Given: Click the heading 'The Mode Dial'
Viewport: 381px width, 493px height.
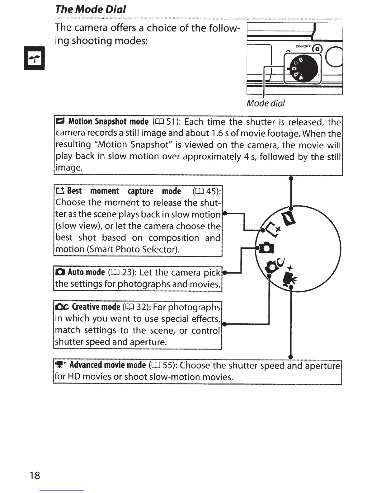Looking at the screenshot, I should (x=90, y=9).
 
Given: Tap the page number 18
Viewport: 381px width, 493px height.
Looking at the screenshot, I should (x=35, y=475).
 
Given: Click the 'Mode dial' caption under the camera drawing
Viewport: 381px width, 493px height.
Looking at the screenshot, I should (x=266, y=103).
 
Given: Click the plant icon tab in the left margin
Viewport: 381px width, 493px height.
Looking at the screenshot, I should (x=35, y=59).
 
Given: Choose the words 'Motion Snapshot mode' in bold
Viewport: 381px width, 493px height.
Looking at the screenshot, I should (x=108, y=121).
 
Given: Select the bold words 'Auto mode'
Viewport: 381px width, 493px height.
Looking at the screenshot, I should (x=86, y=272).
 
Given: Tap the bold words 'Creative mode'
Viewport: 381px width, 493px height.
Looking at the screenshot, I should (x=96, y=307).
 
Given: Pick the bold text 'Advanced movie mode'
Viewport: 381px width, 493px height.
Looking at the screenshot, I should (x=107, y=365).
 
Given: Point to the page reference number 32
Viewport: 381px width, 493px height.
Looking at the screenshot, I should (x=142, y=307).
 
